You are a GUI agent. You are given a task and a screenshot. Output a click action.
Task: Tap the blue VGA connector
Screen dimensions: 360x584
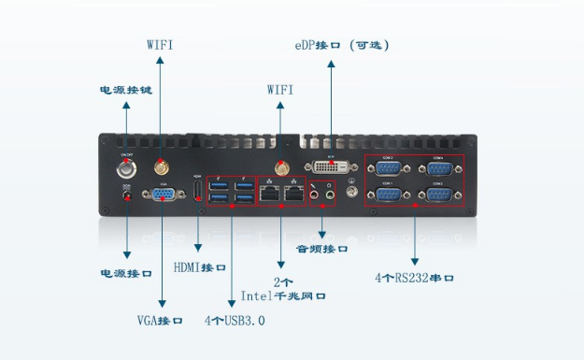pyautogui.click(x=162, y=194)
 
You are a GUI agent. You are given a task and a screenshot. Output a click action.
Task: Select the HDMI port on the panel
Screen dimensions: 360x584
pyautogui.click(x=197, y=193)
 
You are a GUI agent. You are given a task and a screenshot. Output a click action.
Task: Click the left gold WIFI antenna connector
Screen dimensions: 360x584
pyautogui.click(x=161, y=169)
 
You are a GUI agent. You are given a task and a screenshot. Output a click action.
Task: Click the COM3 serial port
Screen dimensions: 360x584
pyautogui.click(x=389, y=168)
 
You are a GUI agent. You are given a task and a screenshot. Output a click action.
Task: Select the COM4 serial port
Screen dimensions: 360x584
pyautogui.click(x=438, y=168)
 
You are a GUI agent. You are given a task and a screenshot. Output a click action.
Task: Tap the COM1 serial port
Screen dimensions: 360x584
pyautogui.click(x=389, y=194)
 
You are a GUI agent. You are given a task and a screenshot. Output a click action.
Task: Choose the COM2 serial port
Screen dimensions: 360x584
pyautogui.click(x=438, y=194)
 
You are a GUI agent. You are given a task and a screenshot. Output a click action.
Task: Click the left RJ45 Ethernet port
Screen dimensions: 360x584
pyautogui.click(x=270, y=194)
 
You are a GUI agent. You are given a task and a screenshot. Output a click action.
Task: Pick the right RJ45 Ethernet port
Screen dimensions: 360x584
pyautogui.click(x=295, y=194)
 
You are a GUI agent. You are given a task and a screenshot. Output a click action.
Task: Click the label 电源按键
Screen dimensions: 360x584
pyautogui.click(x=126, y=90)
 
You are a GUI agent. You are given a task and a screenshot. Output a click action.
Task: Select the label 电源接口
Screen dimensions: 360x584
pyautogui.click(x=126, y=274)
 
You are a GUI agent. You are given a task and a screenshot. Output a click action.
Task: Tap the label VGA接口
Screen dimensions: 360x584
pyautogui.click(x=160, y=321)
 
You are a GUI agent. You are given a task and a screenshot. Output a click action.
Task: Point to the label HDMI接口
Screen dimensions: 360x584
pyautogui.click(x=200, y=267)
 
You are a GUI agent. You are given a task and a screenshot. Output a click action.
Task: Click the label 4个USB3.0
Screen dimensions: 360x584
pyautogui.click(x=234, y=321)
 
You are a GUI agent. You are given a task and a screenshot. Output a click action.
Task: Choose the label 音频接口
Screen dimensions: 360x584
pyautogui.click(x=322, y=250)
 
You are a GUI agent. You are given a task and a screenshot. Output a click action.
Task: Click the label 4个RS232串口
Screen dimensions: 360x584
pyautogui.click(x=414, y=277)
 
